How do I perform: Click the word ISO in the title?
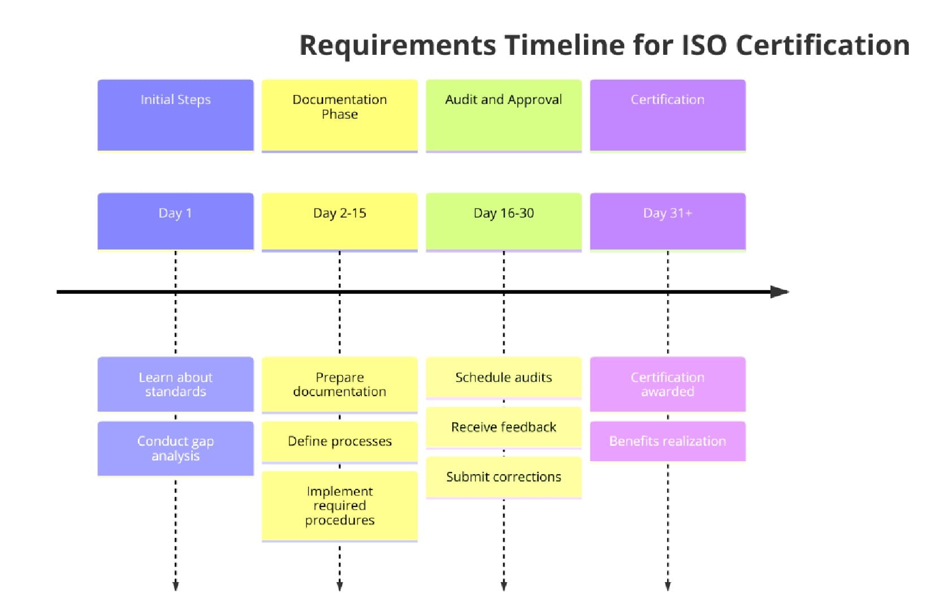pyautogui.click(x=704, y=45)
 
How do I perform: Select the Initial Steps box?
pyautogui.click(x=175, y=115)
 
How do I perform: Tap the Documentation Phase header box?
pyautogui.click(x=339, y=115)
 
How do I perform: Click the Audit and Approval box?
pyautogui.click(x=503, y=115)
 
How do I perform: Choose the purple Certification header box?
pyautogui.click(x=668, y=115)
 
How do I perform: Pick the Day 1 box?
pyautogui.click(x=175, y=221)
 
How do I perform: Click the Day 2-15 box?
pyautogui.click(x=339, y=221)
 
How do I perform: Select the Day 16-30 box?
pyautogui.click(x=503, y=221)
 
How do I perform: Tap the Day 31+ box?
pyautogui.click(x=668, y=221)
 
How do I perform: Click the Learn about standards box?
pyautogui.click(x=175, y=384)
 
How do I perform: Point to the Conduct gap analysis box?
pyautogui.click(x=175, y=448)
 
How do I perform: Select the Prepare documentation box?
pyautogui.click(x=339, y=384)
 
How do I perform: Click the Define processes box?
pyautogui.click(x=339, y=441)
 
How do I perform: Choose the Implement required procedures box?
pyautogui.click(x=339, y=506)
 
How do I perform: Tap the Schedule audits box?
pyautogui.click(x=503, y=378)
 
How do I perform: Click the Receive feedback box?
pyautogui.click(x=503, y=427)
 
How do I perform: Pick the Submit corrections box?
pyautogui.click(x=503, y=477)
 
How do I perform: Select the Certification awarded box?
pyautogui.click(x=668, y=384)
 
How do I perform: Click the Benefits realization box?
pyautogui.click(x=668, y=441)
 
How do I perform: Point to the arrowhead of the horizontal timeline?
pyautogui.click(x=780, y=292)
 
